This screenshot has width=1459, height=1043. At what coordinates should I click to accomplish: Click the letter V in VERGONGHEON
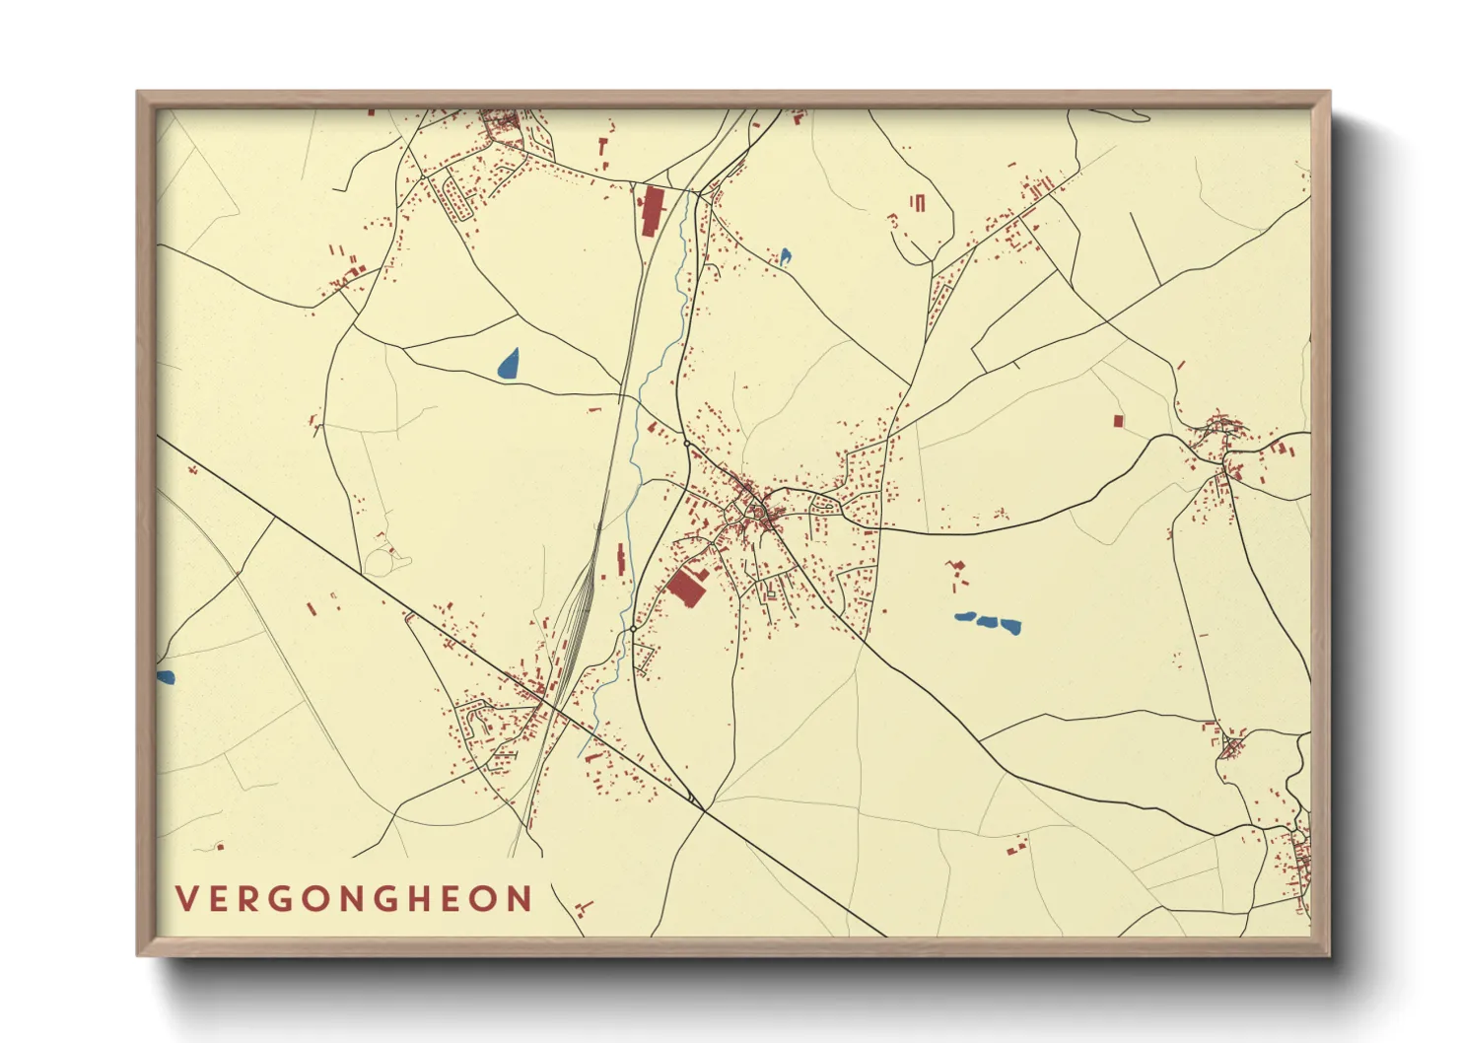184,899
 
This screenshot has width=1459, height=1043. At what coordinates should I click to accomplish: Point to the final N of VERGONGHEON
520,899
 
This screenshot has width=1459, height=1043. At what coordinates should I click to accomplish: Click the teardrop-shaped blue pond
509,365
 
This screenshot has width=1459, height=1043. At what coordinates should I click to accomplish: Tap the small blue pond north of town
786,257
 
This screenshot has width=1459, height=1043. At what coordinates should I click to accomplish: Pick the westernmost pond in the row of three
965,618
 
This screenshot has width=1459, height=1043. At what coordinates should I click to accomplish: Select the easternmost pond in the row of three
1010,625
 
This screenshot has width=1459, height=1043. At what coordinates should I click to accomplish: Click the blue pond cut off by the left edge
165,677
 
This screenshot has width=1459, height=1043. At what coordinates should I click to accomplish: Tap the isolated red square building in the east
1118,421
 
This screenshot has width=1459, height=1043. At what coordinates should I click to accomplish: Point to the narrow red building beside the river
621,559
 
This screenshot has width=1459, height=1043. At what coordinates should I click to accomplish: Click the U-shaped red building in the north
919,202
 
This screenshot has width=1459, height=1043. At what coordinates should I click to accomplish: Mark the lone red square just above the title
220,846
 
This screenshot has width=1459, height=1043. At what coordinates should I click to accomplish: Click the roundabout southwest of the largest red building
632,628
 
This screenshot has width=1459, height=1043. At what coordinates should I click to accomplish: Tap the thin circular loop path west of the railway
379,562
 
